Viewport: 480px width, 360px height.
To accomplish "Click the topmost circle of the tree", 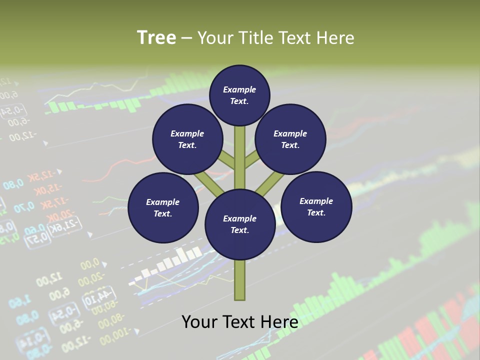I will [239, 95].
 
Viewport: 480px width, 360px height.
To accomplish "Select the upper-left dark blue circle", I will [187, 139].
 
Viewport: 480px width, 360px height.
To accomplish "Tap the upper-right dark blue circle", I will [290, 139].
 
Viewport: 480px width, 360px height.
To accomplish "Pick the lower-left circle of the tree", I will [163, 207].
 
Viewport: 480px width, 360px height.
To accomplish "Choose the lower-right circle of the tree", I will [316, 206].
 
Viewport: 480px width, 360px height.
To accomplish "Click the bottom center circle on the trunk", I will [240, 224].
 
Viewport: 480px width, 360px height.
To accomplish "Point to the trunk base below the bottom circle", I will [240, 280].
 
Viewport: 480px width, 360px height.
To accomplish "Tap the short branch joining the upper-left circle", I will [226, 161].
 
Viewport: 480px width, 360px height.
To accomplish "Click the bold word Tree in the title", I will [156, 37].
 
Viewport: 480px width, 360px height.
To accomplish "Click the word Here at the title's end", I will [336, 38].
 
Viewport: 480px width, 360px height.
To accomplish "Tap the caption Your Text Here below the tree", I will [240, 321].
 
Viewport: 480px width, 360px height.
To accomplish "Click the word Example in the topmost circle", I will [239, 89].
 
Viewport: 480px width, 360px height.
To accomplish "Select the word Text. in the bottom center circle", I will [240, 230].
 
